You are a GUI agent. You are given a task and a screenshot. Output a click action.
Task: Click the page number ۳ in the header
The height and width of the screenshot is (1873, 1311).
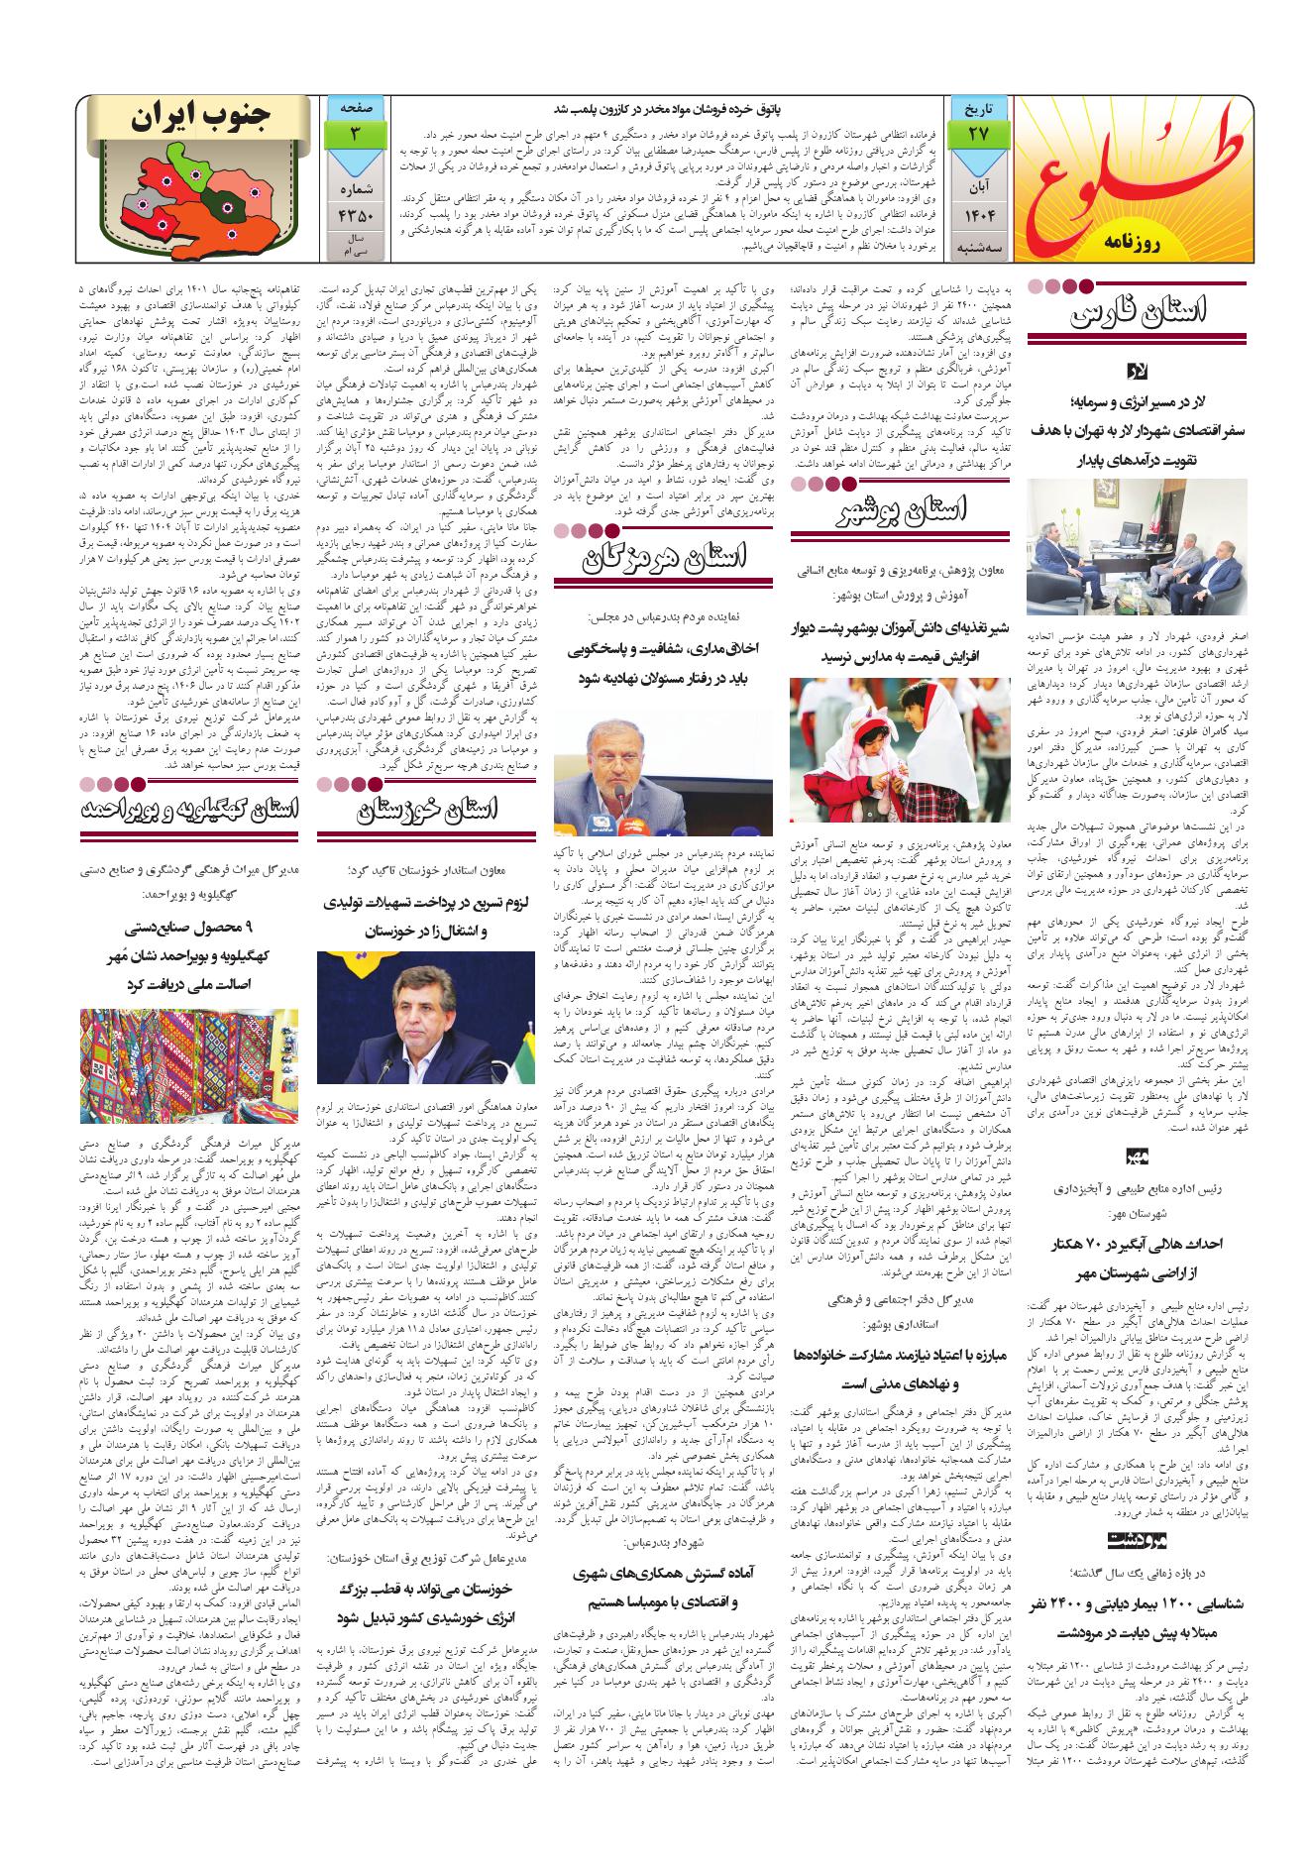[354, 132]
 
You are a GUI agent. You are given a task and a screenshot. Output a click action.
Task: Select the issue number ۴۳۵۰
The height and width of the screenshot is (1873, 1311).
[354, 214]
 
